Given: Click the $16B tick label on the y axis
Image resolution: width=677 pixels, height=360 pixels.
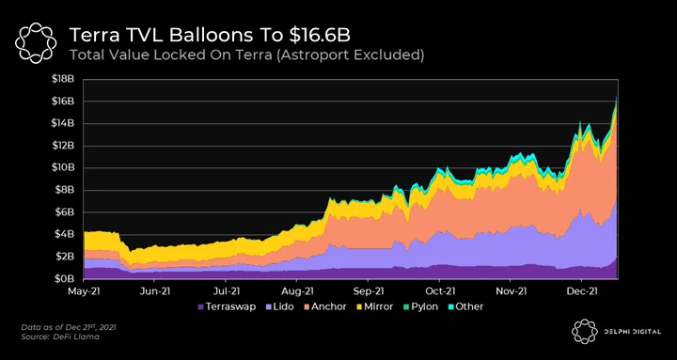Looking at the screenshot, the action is coord(63,101).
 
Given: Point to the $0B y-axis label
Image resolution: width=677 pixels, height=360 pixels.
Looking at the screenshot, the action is coord(64,279).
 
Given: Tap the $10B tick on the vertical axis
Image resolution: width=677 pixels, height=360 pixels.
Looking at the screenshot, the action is coord(63,168).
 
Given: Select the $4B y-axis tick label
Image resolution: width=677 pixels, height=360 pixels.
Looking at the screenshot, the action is coord(64,234).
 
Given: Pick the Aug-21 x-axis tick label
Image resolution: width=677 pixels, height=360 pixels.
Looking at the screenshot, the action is coord(297,291).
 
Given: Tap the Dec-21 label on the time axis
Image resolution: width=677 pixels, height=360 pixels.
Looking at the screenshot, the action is coord(582,291).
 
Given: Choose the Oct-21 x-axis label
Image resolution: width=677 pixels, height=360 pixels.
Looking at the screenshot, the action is coord(439,291).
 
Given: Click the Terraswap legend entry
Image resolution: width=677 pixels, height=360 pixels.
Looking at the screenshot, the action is coord(227,307).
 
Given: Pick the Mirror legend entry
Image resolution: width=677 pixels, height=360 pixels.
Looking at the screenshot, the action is coord(374,307).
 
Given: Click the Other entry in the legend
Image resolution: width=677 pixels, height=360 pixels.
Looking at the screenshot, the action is coord(465,307).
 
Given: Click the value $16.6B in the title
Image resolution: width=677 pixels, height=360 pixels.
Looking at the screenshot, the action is coord(320,36).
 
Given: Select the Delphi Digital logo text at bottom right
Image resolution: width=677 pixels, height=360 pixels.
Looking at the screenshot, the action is coord(635,332).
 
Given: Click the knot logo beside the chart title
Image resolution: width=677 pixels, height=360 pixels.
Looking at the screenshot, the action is coord(36,43).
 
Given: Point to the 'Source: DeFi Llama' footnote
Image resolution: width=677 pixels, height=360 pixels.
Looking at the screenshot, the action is coord(60,337).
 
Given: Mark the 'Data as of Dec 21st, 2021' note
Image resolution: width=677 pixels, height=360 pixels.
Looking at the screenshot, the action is coord(69,327).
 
